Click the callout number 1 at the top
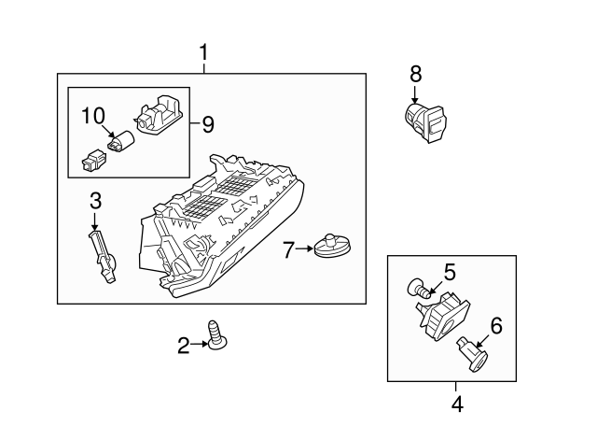(204, 54)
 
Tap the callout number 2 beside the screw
(184, 346)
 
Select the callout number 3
(94, 200)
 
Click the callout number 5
(449, 272)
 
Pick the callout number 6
(495, 325)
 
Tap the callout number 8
(415, 72)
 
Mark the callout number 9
(207, 122)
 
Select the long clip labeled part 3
(104, 258)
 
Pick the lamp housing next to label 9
(158, 117)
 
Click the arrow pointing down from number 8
(415, 94)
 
